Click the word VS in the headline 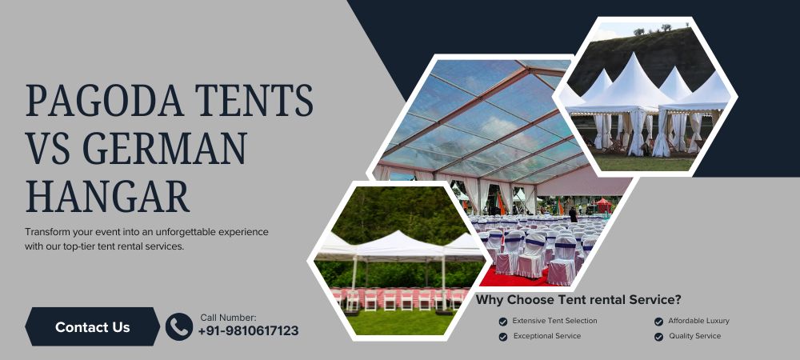click(x=52, y=148)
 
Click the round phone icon click(x=178, y=326)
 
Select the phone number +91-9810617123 click(x=248, y=331)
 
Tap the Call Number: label click(x=228, y=318)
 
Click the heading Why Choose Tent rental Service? click(x=578, y=300)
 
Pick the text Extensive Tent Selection click(x=554, y=321)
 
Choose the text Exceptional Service click(x=546, y=336)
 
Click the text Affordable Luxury click(x=698, y=321)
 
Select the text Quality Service click(x=694, y=336)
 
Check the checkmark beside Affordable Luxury click(x=658, y=322)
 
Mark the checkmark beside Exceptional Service click(x=502, y=337)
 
